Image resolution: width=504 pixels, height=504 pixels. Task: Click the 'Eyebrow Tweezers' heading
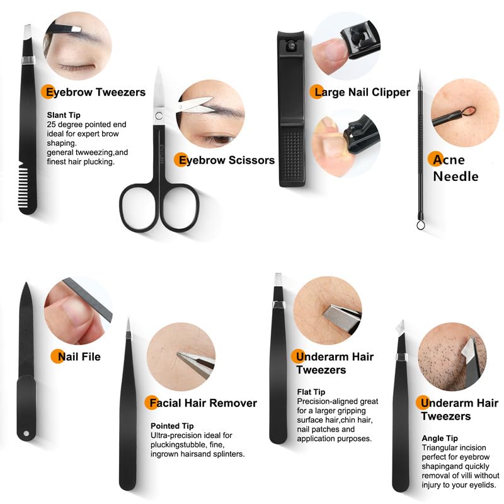[x=93, y=92]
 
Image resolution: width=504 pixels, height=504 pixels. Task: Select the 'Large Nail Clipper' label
[x=362, y=92]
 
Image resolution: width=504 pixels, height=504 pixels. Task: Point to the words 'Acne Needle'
[x=455, y=168]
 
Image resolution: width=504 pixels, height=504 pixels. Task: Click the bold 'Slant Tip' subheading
[x=64, y=115]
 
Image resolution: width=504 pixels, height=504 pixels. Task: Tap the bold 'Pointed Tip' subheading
[x=172, y=426]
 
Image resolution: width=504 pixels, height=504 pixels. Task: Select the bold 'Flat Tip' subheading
[x=311, y=392]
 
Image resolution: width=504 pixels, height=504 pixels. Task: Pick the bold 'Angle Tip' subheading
[x=440, y=438]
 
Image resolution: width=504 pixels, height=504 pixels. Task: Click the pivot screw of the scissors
[x=157, y=115]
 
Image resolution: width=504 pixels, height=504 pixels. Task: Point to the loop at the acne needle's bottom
[x=420, y=222]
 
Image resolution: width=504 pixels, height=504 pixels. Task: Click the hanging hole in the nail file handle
[x=26, y=433]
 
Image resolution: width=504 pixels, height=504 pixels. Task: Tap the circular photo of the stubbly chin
[x=452, y=357]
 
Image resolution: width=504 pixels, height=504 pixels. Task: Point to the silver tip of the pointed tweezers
[x=128, y=325]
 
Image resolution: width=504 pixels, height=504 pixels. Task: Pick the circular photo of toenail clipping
[x=346, y=143]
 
